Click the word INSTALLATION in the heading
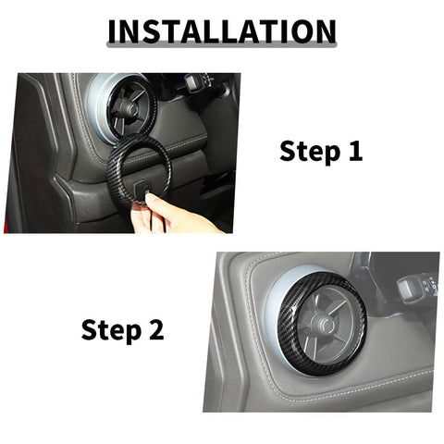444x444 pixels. coord(222,31)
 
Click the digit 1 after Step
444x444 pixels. coord(354,150)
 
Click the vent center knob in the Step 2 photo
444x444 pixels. coord(324,323)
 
